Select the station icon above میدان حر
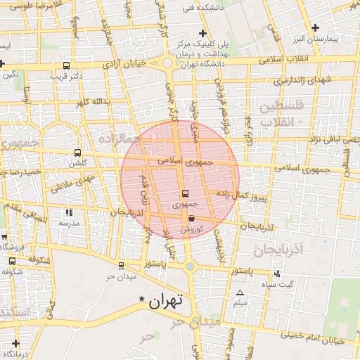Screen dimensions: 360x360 pos(122,266)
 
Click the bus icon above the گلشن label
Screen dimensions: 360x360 pos(77,152)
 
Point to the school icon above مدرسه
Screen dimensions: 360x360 pos(68,212)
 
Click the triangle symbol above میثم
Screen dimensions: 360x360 pos(240,292)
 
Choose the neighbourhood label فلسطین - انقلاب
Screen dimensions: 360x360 pos(281,114)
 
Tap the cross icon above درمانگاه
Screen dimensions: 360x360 pos(15,343)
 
